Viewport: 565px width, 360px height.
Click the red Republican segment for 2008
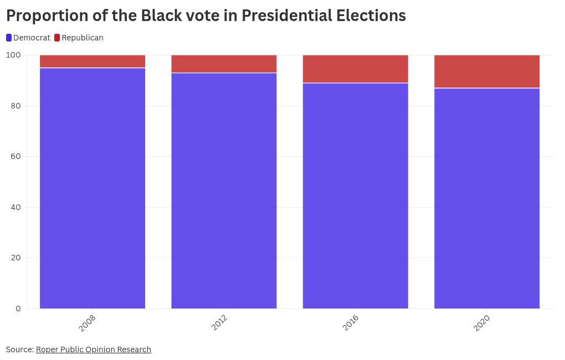tap(93, 61)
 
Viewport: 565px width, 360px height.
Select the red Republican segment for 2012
tap(224, 64)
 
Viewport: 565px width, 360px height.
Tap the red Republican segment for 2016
tap(355, 69)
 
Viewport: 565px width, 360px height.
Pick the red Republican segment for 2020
tap(486, 71)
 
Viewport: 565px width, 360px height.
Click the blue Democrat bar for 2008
tap(93, 188)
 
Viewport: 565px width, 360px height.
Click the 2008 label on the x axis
tap(88, 323)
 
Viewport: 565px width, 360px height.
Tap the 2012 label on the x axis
tap(219, 323)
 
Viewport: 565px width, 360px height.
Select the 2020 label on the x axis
tap(482, 323)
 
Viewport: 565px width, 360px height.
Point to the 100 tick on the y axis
tap(13, 55)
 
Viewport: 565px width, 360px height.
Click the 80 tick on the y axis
tap(16, 106)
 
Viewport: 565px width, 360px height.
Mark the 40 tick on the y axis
tap(16, 207)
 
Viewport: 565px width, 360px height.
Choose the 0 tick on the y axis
tap(18, 308)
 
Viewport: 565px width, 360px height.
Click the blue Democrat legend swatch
tap(9, 38)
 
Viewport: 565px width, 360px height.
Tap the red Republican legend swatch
tap(57, 38)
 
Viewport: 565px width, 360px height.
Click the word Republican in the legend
tap(83, 38)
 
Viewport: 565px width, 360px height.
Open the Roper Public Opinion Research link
tap(93, 349)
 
